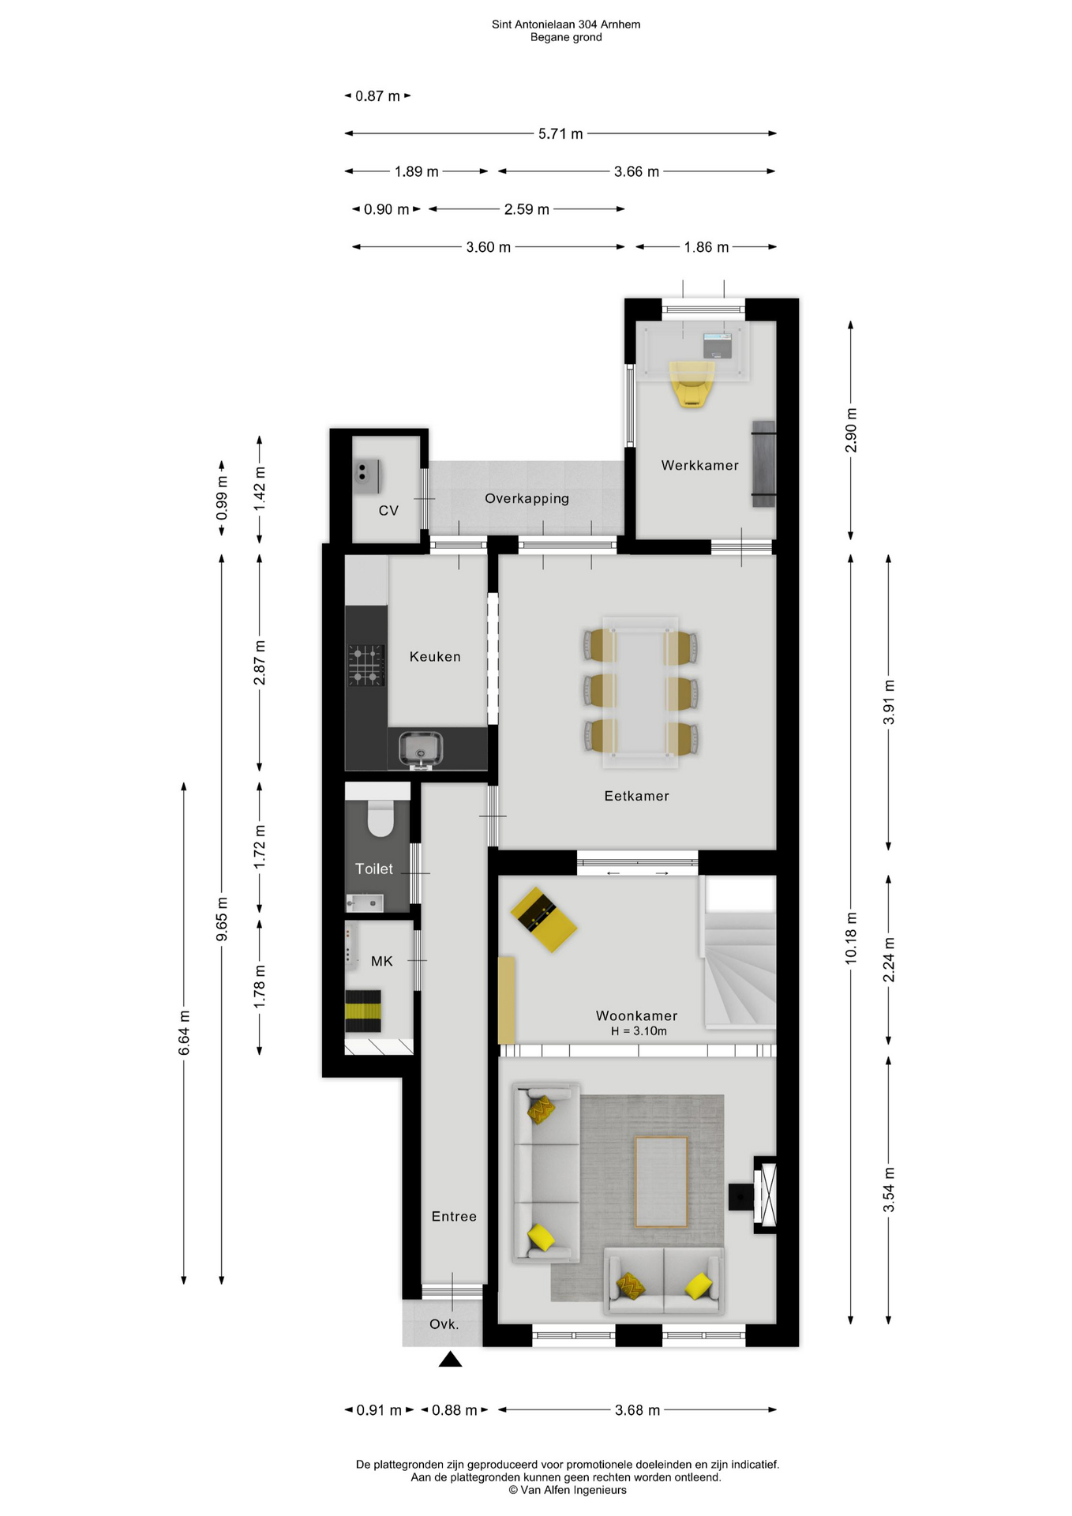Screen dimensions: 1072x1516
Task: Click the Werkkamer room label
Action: (699, 465)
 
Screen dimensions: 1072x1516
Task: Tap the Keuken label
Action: (435, 656)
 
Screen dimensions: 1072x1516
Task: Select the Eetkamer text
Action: (636, 796)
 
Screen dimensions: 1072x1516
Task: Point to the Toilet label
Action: (373, 869)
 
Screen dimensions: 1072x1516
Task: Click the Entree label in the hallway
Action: (454, 1216)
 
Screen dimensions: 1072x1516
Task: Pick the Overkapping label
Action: (527, 498)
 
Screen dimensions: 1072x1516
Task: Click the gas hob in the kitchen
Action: (366, 664)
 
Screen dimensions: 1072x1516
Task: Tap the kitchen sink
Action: (421, 749)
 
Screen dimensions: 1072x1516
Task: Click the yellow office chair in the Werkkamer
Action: (692, 384)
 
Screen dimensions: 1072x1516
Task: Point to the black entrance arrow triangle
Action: (450, 1358)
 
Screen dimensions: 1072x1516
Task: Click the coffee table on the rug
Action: (661, 1181)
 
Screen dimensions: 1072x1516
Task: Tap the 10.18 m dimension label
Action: (850, 937)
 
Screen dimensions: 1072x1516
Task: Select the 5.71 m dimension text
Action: (560, 134)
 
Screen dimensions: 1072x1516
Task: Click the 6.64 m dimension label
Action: (184, 1033)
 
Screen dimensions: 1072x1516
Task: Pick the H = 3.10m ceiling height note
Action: (638, 1031)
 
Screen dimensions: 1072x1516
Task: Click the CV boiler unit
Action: (367, 476)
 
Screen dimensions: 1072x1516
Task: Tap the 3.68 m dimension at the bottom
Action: (637, 1410)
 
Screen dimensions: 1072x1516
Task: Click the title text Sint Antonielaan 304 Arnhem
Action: (566, 24)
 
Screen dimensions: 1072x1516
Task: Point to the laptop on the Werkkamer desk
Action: (718, 345)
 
